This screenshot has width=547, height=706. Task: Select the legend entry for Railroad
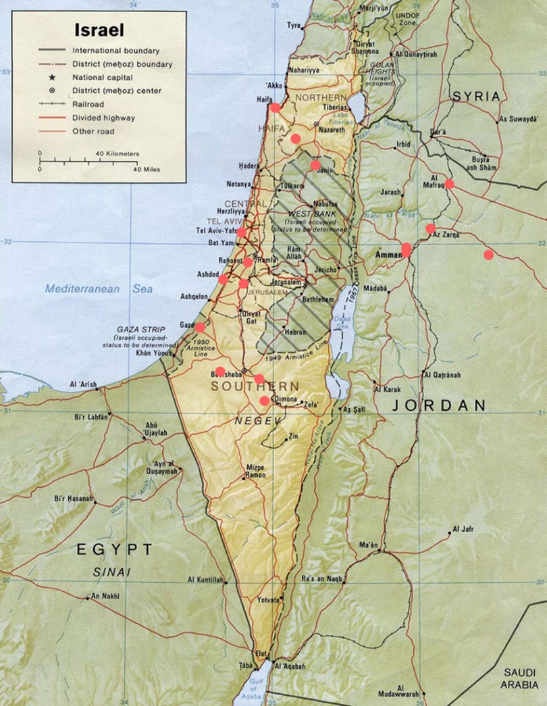pos(88,104)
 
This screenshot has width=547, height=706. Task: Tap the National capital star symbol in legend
pos(51,78)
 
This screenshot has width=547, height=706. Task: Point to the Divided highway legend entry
pos(103,118)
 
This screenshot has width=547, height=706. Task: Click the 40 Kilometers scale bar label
pos(117,153)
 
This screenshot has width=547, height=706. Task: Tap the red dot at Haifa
pos(275,107)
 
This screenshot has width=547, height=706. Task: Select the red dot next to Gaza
pos(200,327)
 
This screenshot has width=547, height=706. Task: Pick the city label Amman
pos(388,255)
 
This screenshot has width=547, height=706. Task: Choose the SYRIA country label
pos(477,96)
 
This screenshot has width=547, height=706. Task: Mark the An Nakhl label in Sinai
pos(105,596)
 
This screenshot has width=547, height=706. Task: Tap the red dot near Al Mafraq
pos(449,184)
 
